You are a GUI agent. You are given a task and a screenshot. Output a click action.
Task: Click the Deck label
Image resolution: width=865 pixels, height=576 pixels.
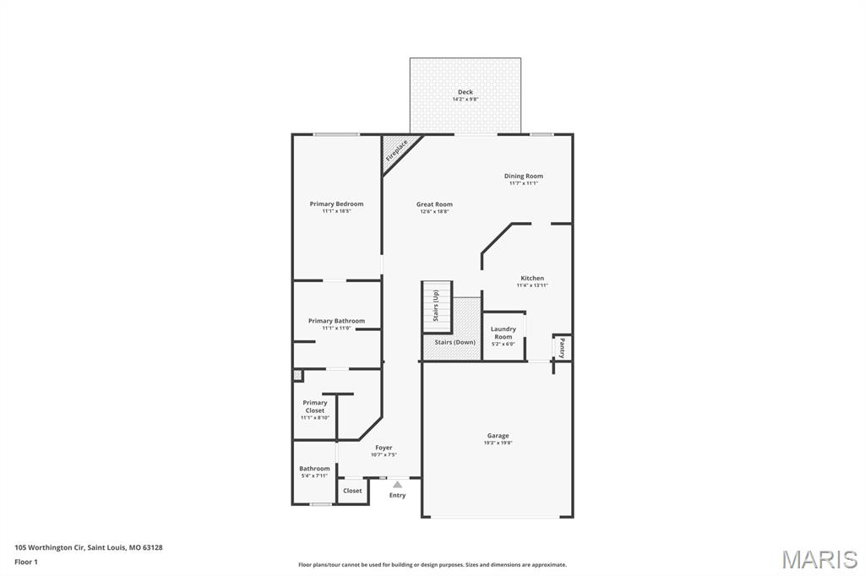pos(465,92)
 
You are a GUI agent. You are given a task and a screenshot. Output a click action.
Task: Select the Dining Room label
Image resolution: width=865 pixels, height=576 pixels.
pos(524,176)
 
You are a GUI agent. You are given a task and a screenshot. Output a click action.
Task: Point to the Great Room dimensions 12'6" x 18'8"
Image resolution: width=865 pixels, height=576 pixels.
pos(434,212)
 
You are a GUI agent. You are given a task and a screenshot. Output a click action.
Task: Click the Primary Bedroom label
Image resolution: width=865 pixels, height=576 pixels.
pos(336,204)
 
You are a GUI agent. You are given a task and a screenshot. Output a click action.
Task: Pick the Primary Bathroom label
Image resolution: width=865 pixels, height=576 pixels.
pos(336,321)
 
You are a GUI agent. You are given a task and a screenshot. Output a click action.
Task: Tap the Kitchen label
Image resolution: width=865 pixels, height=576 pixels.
pos(532,278)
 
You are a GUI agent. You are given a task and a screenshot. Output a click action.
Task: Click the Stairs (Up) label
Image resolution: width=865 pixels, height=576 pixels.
pos(436,306)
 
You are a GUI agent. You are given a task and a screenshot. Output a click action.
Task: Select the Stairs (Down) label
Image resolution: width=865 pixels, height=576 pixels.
pos(454,342)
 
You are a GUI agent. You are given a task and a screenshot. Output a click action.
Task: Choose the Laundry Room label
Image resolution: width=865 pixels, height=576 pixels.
pos(503,333)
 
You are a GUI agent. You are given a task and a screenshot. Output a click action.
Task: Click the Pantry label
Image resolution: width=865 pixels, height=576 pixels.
pos(562,348)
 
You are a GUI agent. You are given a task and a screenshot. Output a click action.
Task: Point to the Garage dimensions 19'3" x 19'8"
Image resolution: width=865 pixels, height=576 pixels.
pos(498,443)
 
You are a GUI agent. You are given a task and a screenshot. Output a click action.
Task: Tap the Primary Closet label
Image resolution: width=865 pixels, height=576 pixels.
pos(315,406)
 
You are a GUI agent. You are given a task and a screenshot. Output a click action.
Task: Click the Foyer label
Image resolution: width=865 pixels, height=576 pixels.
pos(384,448)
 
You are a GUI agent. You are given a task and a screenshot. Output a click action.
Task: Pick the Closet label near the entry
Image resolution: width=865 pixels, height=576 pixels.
pos(352,491)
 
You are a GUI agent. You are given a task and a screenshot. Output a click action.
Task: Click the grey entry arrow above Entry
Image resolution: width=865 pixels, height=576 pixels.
pos(397,485)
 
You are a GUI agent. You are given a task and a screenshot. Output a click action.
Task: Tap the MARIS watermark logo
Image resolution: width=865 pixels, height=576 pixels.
pos(819,559)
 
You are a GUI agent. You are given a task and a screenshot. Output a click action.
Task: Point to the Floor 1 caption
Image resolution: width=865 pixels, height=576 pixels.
pos(25,562)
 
